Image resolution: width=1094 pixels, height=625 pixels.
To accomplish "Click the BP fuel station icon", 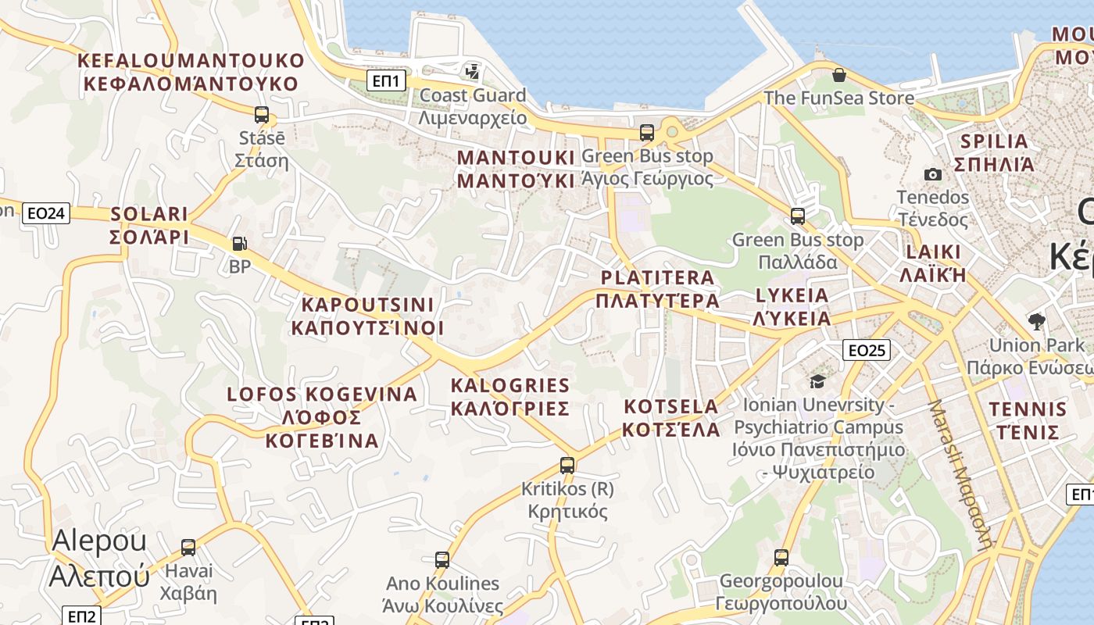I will point(239,244).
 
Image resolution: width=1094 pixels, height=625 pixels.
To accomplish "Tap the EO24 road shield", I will point(46,213).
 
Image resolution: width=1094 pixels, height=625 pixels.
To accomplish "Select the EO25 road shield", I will point(867,350).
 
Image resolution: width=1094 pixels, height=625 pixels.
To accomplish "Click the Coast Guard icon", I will point(472,72).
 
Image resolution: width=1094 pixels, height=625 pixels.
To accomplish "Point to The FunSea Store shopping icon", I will point(838,75).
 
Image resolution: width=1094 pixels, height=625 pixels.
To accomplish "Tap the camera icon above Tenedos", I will point(932,174).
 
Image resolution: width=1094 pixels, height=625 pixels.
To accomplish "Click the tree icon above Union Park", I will point(1036,320).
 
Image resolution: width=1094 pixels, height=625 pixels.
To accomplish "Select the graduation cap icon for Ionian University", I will point(817,381).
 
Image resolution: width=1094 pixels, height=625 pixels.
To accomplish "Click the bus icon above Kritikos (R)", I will point(567,466).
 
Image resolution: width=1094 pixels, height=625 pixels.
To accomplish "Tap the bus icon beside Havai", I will point(188,547).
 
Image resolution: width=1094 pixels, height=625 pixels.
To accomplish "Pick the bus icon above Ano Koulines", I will point(442,559).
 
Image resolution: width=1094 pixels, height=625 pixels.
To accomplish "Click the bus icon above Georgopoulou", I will point(781,557).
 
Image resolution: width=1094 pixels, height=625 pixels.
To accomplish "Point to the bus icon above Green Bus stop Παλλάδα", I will point(798,216).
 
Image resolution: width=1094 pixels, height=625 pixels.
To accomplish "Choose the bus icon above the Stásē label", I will point(262,114).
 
